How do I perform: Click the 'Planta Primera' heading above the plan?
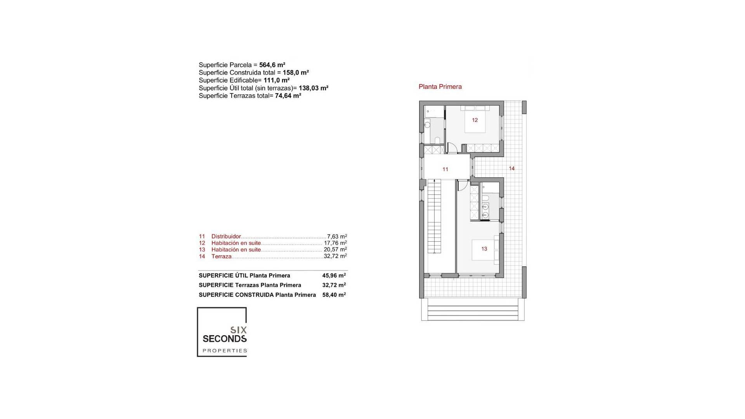tap(440, 87)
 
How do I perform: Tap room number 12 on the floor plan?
tap(475, 120)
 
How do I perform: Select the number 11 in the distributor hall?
tap(445, 169)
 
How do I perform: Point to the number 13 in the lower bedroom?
tap(484, 249)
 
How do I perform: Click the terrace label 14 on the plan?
tap(511, 168)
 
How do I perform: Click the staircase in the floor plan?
tap(435, 217)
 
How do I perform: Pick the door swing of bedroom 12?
tap(452, 148)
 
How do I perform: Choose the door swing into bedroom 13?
tap(462, 186)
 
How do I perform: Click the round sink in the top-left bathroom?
tap(427, 125)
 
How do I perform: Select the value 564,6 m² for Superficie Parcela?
tap(272, 65)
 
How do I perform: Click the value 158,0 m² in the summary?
tap(296, 73)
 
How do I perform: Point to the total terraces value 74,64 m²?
tap(288, 96)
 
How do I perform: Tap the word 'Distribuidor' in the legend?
tap(226, 237)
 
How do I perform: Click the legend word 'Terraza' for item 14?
tap(221, 256)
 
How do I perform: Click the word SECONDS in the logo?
tap(225, 339)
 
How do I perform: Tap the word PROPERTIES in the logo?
tap(225, 351)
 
